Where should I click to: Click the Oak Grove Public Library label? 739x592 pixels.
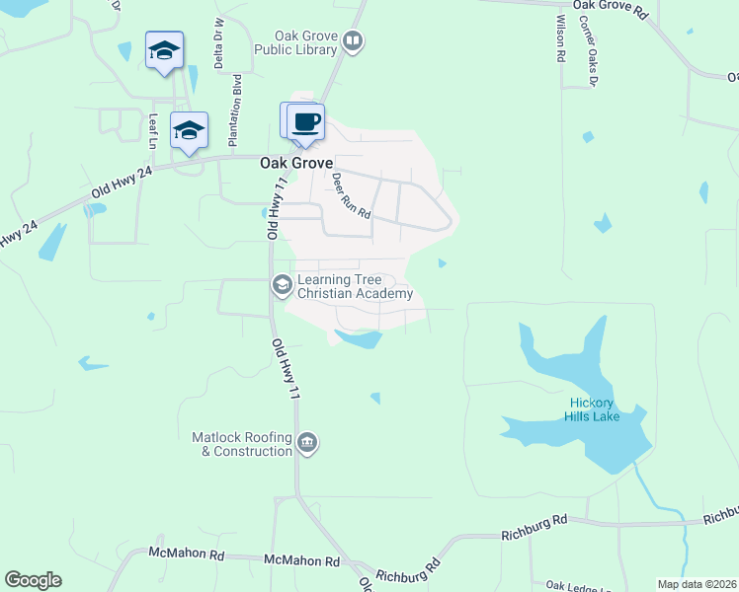pos(295,41)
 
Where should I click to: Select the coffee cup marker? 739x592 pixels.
pos(306,122)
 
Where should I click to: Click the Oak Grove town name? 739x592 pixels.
pos(296,163)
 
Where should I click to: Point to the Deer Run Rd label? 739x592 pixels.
pos(350,195)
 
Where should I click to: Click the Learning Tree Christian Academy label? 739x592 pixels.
pos(354,286)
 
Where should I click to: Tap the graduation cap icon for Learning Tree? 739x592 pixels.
pos(282,285)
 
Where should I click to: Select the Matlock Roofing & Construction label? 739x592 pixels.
pos(242,444)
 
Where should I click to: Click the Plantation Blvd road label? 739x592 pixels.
pos(237,97)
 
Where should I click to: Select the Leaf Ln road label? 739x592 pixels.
pos(153,130)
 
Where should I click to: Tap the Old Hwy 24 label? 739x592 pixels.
pos(123,181)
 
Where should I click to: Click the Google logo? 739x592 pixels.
pos(33,580)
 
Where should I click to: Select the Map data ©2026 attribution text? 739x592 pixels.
pos(697,584)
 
